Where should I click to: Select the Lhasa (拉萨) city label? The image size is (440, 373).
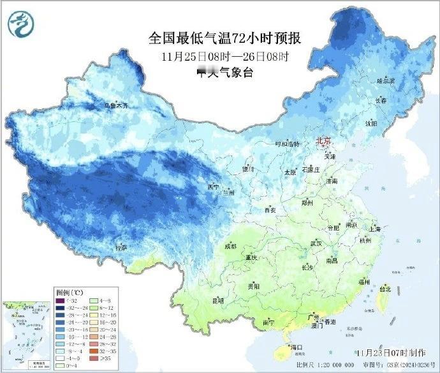pyautogui.click(x=121, y=247)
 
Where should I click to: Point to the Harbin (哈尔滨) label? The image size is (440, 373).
pyautogui.click(x=386, y=81)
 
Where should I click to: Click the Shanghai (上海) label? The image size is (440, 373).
pyautogui.click(x=374, y=229)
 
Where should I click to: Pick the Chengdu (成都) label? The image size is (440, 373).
pyautogui.click(x=230, y=246)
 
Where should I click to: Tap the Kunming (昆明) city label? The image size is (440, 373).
pyautogui.click(x=218, y=300)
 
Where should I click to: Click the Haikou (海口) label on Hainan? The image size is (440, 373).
pyautogui.click(x=295, y=348)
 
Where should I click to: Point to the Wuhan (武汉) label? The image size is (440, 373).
pyautogui.click(x=315, y=243)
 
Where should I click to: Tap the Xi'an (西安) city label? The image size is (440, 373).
pyautogui.click(x=269, y=209)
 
